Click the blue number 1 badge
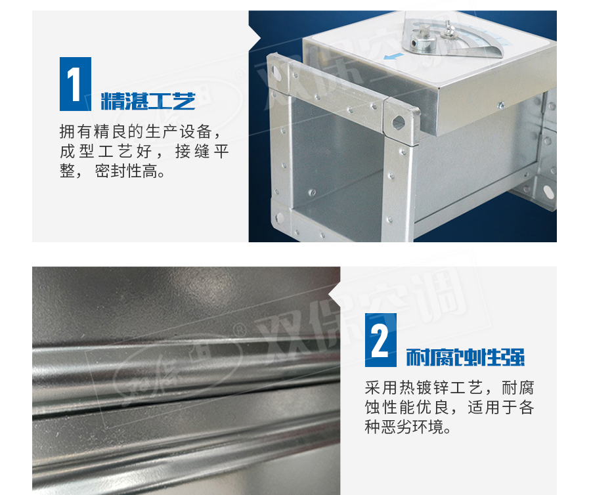[76, 84]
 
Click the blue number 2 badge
[381, 340]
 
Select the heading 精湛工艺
[148, 101]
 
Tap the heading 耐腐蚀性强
[465, 357]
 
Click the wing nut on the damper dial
[449, 30]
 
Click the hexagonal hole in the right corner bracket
[398, 121]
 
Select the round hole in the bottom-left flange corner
[279, 218]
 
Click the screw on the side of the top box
[501, 106]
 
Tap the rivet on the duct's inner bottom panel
[312, 193]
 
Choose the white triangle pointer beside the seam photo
[334, 294]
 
